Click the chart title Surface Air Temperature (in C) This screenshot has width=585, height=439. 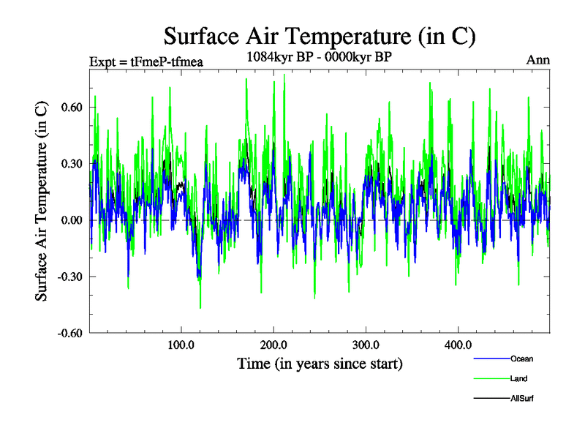(320, 35)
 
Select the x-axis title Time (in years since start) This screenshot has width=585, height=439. (320, 363)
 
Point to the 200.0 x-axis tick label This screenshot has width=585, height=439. (273, 345)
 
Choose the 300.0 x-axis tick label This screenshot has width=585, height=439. (365, 345)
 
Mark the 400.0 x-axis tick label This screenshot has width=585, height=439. (457, 345)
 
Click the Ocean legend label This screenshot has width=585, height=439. (521, 359)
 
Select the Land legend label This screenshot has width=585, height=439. (519, 378)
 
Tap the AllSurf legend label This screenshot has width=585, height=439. (524, 398)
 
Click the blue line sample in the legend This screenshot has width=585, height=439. (491, 359)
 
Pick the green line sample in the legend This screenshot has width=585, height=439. (491, 378)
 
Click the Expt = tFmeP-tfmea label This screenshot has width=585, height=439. (146, 61)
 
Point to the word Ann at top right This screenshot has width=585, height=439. (538, 60)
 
